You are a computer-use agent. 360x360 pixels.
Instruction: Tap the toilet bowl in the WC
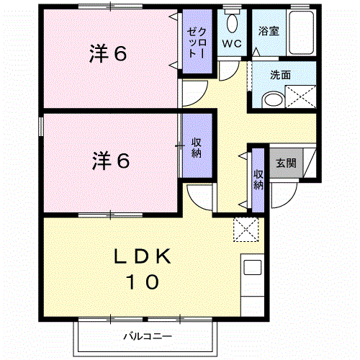pyautogui.click(x=231, y=22)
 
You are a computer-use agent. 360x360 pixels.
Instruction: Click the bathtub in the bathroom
pyautogui.click(x=299, y=32)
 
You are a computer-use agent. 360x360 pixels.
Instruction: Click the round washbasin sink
pyautogui.click(x=272, y=99)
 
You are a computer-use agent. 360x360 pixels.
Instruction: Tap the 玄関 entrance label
pyautogui.click(x=285, y=163)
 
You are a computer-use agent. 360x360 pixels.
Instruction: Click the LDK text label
pyautogui.click(x=143, y=256)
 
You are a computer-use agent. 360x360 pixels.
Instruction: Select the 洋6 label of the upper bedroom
pyautogui.click(x=109, y=54)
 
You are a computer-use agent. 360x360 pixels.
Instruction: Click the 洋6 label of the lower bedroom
pyautogui.click(x=110, y=161)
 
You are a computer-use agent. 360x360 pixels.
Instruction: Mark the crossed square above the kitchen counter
pyautogui.click(x=246, y=230)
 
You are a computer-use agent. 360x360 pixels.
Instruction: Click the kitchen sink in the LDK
pyautogui.click(x=253, y=268)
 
